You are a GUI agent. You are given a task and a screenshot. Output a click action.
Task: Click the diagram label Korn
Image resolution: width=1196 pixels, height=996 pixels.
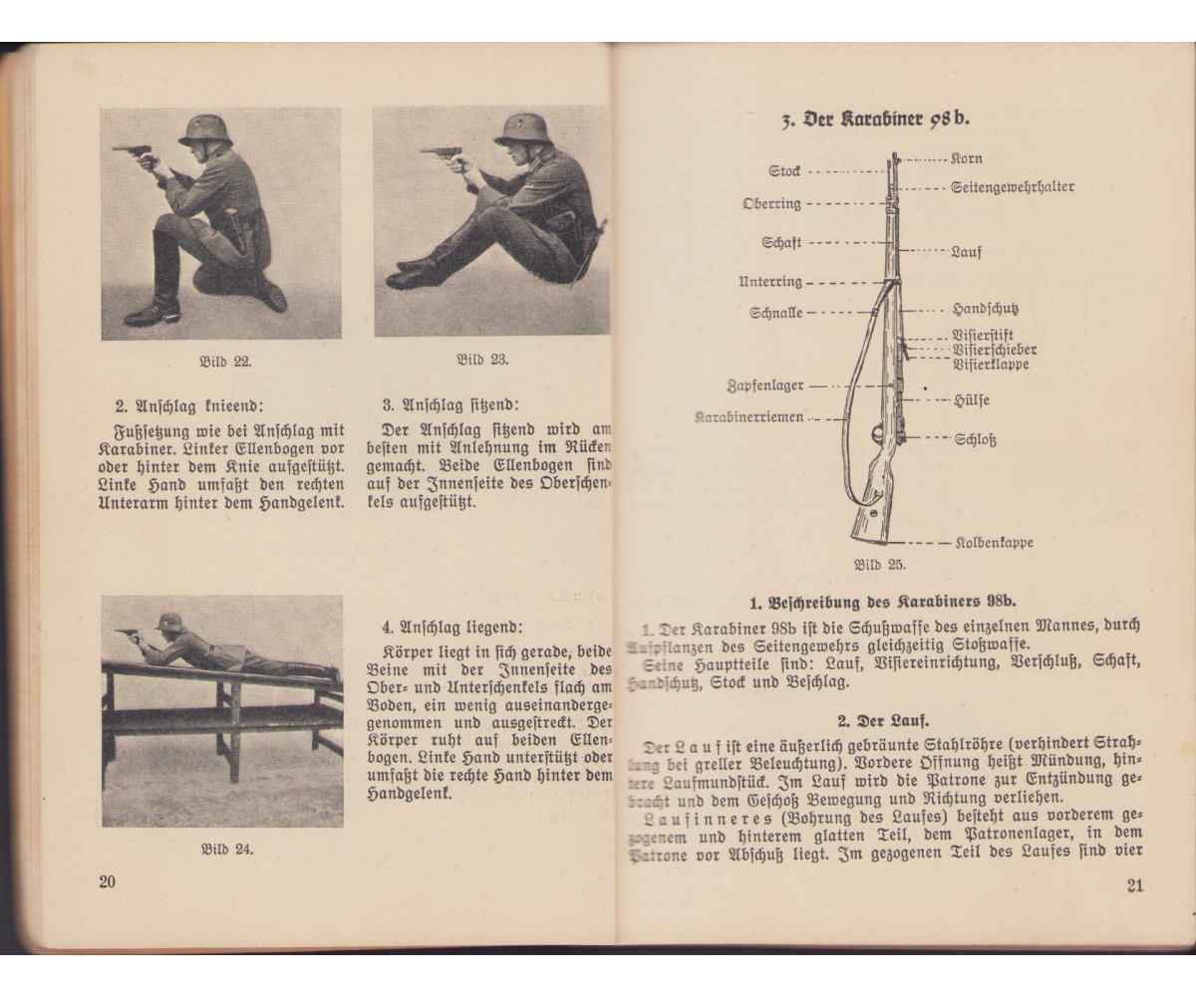click(968, 158)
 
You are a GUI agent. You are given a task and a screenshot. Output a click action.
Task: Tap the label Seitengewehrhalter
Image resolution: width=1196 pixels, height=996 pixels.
click(1013, 186)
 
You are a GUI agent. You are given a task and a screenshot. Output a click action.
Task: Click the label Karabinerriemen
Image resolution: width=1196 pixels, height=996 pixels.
click(750, 417)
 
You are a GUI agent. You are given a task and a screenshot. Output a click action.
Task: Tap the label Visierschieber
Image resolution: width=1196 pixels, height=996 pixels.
click(995, 350)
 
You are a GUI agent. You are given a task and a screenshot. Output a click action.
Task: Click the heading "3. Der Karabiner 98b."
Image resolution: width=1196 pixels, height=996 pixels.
click(872, 118)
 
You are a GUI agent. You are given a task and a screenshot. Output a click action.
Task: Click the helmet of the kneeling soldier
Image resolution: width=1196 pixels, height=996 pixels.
click(206, 129)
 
